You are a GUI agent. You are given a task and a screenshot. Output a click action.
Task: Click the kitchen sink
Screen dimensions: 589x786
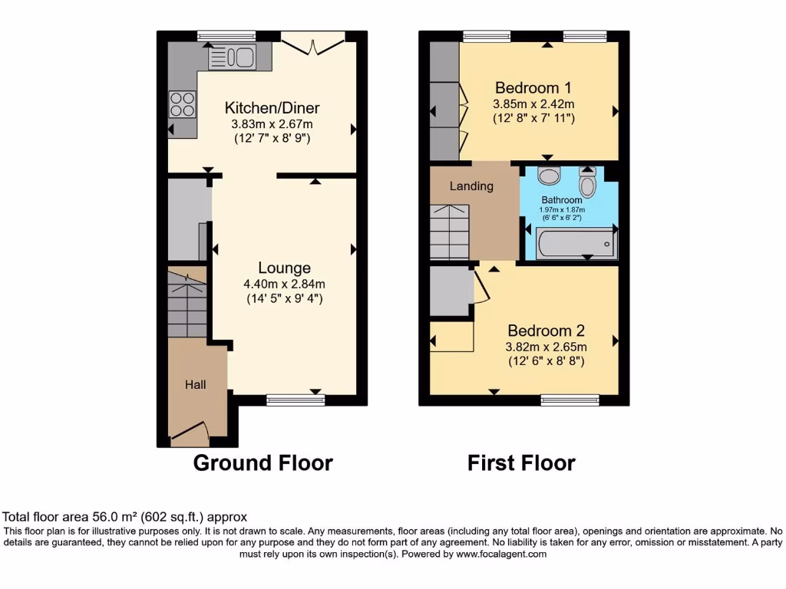pos(231,56)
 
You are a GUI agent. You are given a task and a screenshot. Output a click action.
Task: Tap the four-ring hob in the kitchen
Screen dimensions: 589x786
pos(182,104)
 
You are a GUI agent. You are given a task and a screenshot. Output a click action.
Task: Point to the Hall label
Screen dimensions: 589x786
pos(195,384)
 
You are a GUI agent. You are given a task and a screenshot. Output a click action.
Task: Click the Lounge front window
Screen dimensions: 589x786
pos(296,399)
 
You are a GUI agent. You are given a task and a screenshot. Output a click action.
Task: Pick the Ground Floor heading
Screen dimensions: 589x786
pos(263,463)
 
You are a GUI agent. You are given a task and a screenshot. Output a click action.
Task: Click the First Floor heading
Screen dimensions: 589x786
pos(521,463)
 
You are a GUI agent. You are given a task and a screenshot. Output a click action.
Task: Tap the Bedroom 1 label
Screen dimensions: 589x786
pos(533,87)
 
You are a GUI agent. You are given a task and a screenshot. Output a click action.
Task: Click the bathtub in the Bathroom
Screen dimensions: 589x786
pos(576,245)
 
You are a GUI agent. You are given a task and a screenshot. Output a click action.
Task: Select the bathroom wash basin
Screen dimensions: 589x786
pos(549,177)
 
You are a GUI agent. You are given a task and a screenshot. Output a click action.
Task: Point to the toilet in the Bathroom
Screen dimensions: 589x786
pos(588,183)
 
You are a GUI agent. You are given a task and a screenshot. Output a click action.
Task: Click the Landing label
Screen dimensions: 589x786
pos(471,186)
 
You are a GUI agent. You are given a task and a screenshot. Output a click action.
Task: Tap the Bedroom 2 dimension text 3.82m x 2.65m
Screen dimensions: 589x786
pos(546,347)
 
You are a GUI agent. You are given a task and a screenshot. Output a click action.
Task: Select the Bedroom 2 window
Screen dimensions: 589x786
pos(570,399)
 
